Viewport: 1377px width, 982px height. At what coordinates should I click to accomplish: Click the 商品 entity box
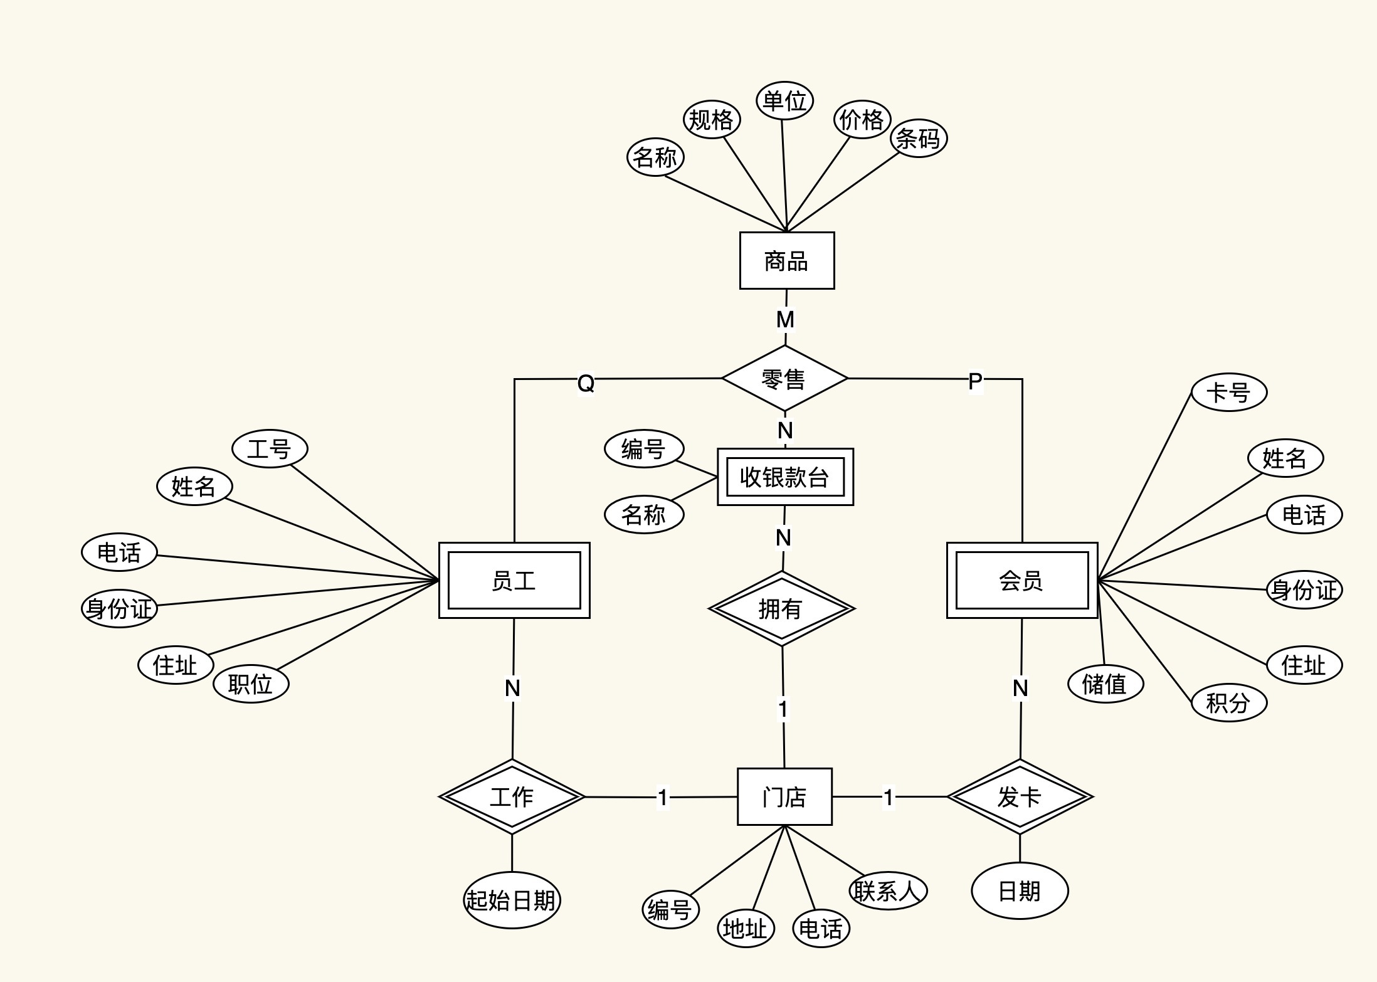[786, 260]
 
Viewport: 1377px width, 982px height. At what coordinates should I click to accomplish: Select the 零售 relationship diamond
[784, 379]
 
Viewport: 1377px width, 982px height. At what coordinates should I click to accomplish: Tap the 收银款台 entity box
[785, 477]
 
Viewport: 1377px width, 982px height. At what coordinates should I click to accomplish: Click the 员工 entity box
[514, 580]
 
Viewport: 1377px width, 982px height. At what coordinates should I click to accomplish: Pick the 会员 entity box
[1021, 580]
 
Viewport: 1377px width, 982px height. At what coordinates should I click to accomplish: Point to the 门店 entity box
[784, 796]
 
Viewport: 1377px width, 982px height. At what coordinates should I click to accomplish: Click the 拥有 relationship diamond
[781, 608]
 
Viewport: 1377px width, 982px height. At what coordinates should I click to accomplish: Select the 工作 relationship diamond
[512, 797]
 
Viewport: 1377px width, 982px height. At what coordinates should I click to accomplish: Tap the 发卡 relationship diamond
[1020, 797]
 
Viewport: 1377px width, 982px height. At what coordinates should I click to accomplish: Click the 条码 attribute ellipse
[919, 139]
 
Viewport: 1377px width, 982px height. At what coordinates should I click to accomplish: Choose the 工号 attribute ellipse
[270, 449]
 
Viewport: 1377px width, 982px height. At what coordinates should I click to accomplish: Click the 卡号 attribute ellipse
[1228, 393]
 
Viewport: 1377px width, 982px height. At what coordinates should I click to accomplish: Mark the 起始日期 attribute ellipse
[512, 900]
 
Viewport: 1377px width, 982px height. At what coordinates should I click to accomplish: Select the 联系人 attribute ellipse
[888, 890]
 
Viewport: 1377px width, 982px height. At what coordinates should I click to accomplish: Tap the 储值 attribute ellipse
[1105, 684]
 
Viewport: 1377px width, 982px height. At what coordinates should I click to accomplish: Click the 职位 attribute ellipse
[251, 684]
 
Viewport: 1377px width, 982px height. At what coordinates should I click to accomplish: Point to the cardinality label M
[785, 320]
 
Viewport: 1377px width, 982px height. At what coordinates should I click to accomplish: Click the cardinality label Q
[586, 383]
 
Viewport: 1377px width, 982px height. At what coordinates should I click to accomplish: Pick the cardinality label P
[975, 381]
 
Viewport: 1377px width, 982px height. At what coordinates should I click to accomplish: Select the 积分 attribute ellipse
[1228, 703]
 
